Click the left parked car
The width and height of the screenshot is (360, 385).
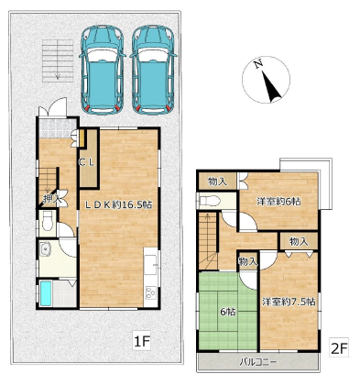click(103, 71)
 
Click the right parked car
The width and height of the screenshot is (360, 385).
click(153, 71)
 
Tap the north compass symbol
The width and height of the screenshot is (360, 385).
click(266, 80)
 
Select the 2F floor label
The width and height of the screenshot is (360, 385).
click(339, 348)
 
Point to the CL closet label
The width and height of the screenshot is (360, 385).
click(87, 162)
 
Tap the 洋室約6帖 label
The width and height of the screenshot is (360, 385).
click(278, 202)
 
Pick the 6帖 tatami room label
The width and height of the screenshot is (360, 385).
click(228, 312)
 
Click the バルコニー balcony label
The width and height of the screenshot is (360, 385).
click(258, 362)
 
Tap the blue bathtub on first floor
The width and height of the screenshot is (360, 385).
click(46, 293)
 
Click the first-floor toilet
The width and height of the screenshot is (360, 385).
click(47, 221)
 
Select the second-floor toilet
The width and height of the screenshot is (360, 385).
click(209, 201)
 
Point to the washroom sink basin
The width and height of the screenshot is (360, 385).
click(46, 249)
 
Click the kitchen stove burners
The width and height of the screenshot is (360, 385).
click(151, 293)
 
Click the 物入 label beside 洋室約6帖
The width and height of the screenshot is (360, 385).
click(217, 182)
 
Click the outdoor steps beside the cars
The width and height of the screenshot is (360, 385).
click(58, 60)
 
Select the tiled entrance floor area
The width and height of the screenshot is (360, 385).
click(57, 128)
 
